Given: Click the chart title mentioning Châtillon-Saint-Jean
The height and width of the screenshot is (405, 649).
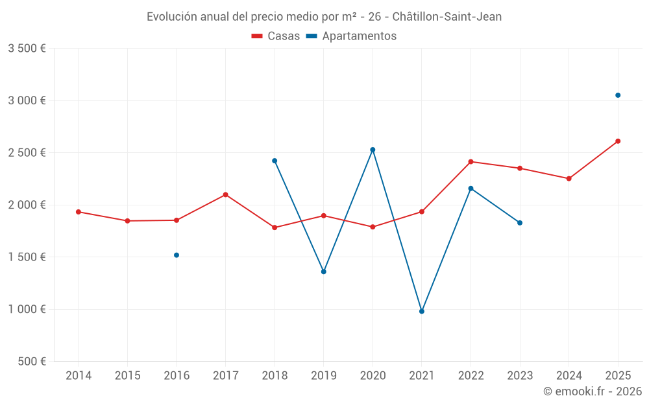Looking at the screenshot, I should (x=324, y=17).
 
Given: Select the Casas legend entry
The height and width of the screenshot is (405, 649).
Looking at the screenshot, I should (x=276, y=36).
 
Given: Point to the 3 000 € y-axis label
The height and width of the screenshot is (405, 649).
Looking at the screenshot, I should (x=27, y=100).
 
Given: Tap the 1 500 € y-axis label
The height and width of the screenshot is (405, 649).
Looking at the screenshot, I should (x=27, y=257).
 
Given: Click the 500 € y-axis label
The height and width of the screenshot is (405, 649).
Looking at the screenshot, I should (x=32, y=362).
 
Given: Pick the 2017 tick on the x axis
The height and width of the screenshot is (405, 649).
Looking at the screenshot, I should (x=225, y=376).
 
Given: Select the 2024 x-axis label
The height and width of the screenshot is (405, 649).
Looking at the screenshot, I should (x=569, y=376).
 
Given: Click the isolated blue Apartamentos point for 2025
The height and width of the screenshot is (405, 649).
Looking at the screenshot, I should (x=618, y=95).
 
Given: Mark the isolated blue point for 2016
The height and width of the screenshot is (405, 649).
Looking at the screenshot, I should (x=177, y=255).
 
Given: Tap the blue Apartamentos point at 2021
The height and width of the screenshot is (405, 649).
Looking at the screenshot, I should (x=422, y=312).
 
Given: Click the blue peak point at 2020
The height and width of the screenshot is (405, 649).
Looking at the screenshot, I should (x=373, y=150).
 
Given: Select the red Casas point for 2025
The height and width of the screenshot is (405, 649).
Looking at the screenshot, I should (x=618, y=141).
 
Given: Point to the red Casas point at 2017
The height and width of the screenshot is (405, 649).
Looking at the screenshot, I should (x=225, y=194).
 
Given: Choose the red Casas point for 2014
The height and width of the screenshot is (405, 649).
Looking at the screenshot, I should (x=79, y=212).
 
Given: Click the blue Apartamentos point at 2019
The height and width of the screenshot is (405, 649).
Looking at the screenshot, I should (x=324, y=272).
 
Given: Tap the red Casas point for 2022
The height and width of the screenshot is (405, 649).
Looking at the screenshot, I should (x=471, y=162).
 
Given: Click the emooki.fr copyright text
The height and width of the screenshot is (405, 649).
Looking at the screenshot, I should (x=593, y=391).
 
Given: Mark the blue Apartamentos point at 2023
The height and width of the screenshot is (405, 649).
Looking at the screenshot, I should (x=520, y=223).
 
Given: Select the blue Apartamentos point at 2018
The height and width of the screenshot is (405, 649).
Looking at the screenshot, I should (x=275, y=161).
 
